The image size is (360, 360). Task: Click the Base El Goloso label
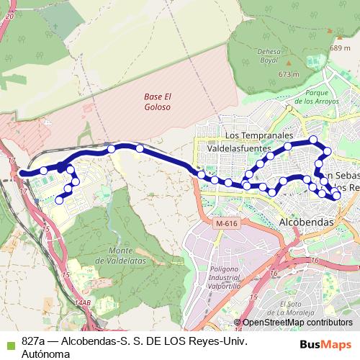pyautogui.click(x=157, y=102)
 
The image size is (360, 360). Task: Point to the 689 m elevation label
pyautogui.click(x=339, y=48)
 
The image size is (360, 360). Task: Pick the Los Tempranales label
pyautogui.click(x=259, y=135)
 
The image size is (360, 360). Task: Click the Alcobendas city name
pyautogui.click(x=306, y=222)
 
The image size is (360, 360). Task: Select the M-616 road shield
pyautogui.click(x=225, y=224)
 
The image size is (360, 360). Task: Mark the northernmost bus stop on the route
pyautogui.click(x=313, y=140)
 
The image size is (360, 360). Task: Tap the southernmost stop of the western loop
pyautogui.click(x=59, y=201)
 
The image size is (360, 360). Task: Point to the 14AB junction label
pyautogui.click(x=83, y=303)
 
